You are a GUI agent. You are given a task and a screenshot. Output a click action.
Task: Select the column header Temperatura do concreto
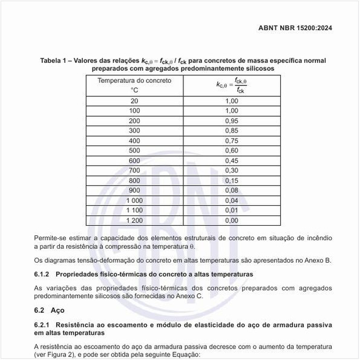[x=134, y=80]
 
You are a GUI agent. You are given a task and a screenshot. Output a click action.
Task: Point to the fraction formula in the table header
[x=231, y=85]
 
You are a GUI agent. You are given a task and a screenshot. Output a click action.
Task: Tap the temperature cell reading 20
[x=134, y=101]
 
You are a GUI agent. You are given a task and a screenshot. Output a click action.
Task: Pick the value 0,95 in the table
[x=231, y=121]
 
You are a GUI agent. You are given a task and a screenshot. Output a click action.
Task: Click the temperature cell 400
[x=134, y=140]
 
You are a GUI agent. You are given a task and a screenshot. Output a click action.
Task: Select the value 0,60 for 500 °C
[x=231, y=151]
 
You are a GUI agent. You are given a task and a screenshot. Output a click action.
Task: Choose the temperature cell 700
[x=134, y=171]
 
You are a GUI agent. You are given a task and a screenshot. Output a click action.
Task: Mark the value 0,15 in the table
[x=231, y=180]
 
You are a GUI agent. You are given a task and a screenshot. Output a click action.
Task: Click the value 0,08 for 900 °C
[x=231, y=191]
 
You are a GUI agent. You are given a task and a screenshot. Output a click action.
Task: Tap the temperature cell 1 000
[x=134, y=200]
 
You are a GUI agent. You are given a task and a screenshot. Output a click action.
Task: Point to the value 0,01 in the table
[x=231, y=210]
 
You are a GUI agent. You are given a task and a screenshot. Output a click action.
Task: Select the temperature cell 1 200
[x=134, y=220]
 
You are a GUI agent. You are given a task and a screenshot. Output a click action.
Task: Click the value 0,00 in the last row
[x=231, y=220]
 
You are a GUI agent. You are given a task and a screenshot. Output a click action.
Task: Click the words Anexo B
[x=317, y=260]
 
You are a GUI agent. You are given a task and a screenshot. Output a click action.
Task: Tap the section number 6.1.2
[x=44, y=274]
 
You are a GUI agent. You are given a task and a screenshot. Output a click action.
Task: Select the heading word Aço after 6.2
[x=58, y=310]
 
